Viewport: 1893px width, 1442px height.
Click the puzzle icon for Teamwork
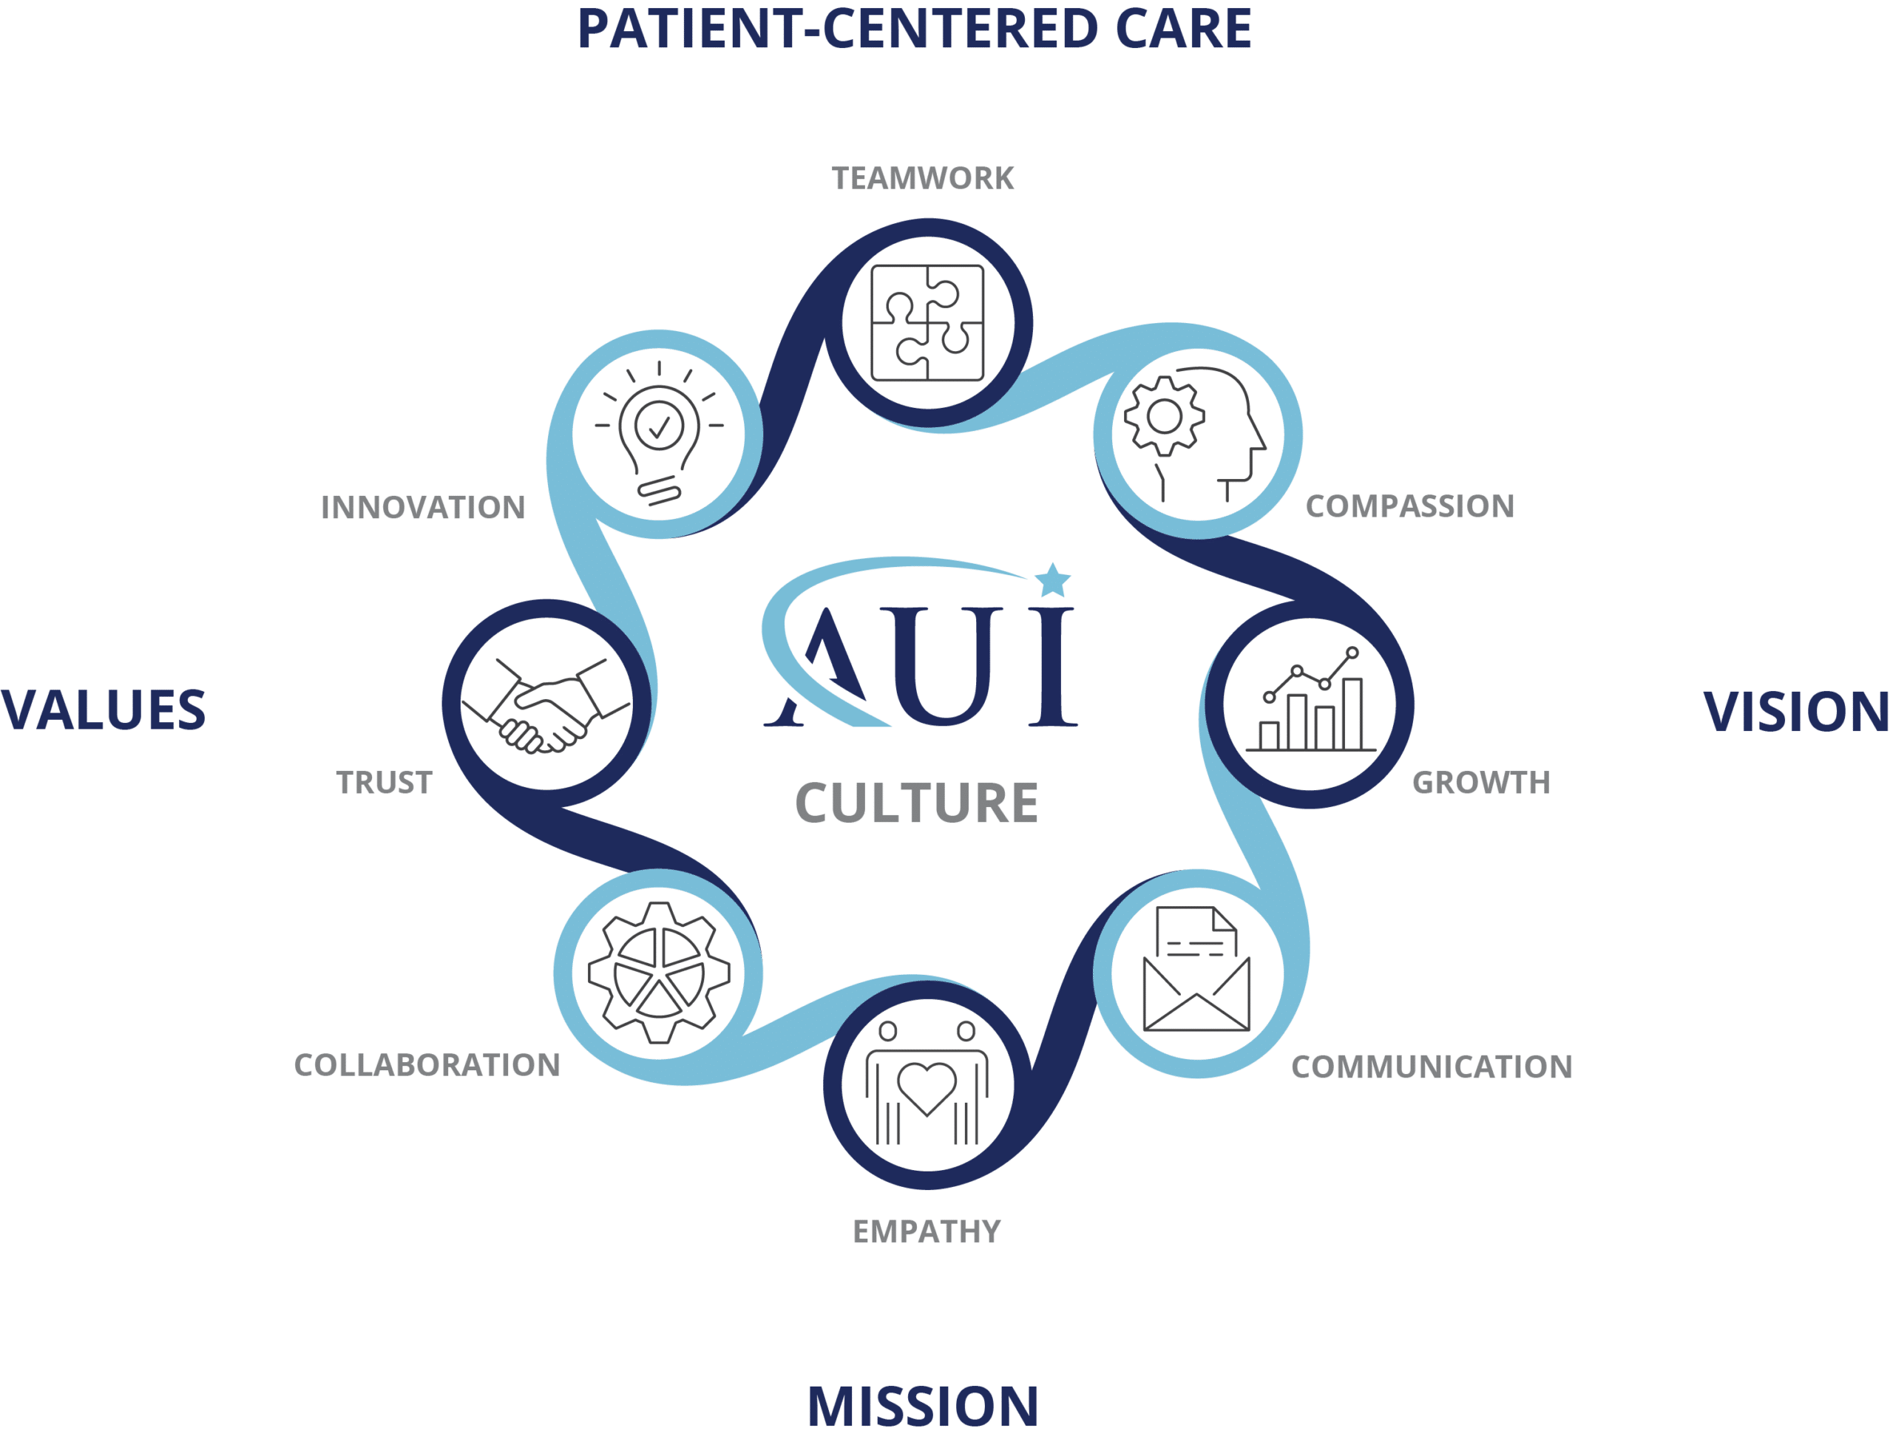(x=927, y=323)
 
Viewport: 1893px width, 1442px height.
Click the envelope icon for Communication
(x=1196, y=968)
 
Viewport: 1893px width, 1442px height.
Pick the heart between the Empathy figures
(x=927, y=1089)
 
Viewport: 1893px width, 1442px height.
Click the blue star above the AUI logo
(x=1052, y=581)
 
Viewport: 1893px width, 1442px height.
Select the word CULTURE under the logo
(x=917, y=803)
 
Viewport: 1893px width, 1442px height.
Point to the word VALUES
(x=103, y=711)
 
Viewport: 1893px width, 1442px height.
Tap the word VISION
(x=1796, y=713)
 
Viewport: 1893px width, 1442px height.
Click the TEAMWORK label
(x=923, y=177)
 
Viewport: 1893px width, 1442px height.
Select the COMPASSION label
(x=1409, y=506)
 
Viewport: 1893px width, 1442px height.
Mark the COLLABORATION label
(x=427, y=1065)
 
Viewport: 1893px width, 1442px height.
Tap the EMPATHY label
(x=927, y=1231)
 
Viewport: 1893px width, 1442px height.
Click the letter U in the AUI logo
(x=942, y=666)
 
